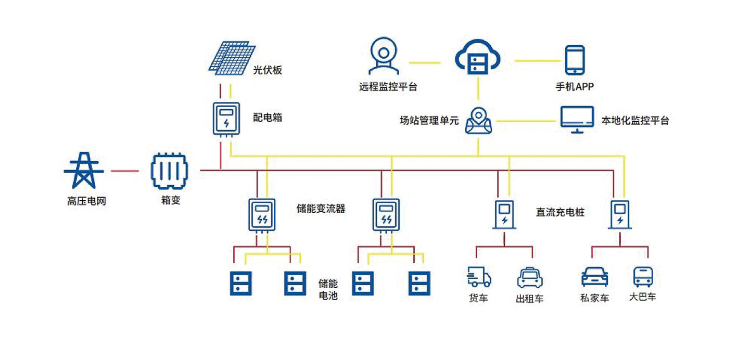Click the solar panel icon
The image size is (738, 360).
(x=232, y=56)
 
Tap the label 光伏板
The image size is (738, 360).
(x=268, y=70)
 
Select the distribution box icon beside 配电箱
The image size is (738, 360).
(x=226, y=119)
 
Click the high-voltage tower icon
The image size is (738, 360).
(x=84, y=170)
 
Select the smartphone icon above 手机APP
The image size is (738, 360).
(x=575, y=60)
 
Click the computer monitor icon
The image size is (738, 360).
(x=577, y=119)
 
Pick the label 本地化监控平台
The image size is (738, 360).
(x=635, y=121)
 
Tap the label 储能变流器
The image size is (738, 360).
(x=321, y=210)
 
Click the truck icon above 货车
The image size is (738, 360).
(x=479, y=277)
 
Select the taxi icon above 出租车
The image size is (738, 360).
(x=530, y=277)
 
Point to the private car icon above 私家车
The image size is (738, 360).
(x=594, y=277)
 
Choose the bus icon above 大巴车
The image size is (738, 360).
(x=643, y=277)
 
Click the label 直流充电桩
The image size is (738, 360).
(x=560, y=212)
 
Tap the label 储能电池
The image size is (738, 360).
(x=328, y=290)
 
